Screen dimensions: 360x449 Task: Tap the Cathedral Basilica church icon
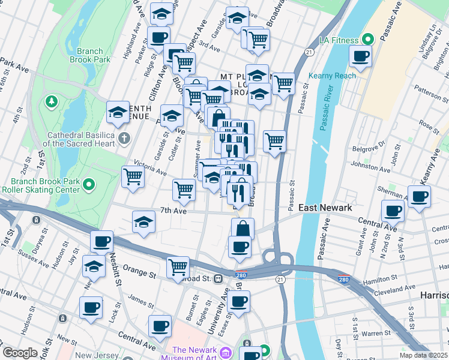pos(124,139)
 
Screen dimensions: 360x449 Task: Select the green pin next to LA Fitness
pos(368,40)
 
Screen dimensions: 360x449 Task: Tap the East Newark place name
pos(325,208)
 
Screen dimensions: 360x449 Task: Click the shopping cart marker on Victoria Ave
pos(133,176)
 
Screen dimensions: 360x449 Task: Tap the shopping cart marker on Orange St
pos(178,267)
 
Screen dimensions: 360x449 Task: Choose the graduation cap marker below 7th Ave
pos(143,223)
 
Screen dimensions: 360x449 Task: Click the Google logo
pos(20,353)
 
